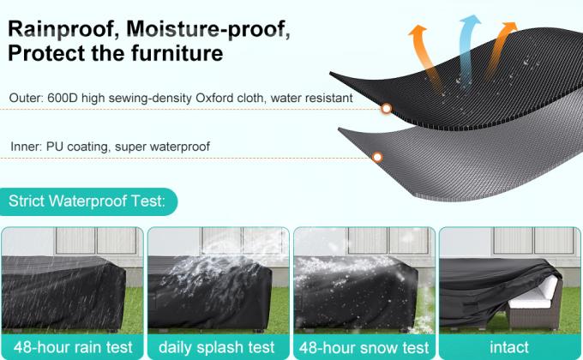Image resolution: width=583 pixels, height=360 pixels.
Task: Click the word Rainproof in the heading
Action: coord(60,27)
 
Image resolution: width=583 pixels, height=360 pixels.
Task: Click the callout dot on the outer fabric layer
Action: coord(387,109)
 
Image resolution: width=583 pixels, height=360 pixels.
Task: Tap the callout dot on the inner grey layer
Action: coord(377,157)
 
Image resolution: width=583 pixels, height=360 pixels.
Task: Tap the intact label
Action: coord(508,347)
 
